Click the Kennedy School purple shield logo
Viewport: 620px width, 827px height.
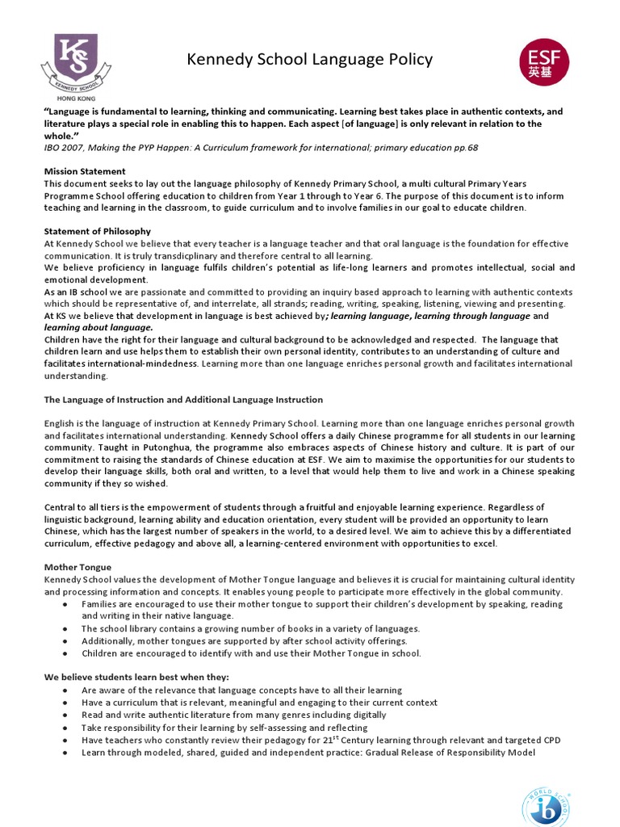click(76, 58)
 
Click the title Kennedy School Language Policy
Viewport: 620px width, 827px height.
click(310, 60)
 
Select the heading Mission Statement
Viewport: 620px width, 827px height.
click(85, 171)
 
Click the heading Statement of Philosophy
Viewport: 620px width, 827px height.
click(97, 231)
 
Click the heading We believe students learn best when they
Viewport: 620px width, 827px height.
click(136, 677)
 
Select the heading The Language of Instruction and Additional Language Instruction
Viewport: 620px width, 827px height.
click(183, 400)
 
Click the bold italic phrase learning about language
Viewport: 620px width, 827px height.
click(98, 328)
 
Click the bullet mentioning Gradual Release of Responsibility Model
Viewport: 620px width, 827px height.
click(307, 752)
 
